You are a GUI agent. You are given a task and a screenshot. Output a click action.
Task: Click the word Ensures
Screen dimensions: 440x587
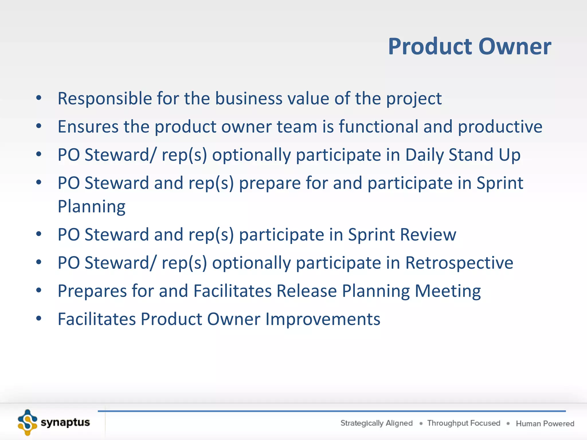88,127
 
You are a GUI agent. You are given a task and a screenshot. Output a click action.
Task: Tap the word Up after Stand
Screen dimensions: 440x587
509,155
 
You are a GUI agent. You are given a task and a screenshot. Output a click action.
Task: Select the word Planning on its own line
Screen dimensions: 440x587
91,207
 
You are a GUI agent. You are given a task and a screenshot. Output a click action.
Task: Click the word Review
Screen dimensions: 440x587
428,235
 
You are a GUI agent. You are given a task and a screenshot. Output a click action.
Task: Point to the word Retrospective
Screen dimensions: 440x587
459,263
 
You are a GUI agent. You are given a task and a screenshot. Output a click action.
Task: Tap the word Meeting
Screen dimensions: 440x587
448,291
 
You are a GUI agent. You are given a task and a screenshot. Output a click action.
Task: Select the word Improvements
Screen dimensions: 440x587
323,319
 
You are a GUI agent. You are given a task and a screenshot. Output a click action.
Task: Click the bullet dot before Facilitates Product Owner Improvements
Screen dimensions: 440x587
39,318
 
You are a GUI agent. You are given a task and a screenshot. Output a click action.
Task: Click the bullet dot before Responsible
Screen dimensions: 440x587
39,98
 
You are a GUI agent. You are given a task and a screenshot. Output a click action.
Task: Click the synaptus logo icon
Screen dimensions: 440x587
28,423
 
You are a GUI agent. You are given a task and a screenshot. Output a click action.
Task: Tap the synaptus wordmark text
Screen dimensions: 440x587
65,423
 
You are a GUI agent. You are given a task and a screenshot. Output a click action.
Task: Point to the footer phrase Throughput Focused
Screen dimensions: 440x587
463,423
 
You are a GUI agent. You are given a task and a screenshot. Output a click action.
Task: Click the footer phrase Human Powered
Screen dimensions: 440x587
545,423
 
